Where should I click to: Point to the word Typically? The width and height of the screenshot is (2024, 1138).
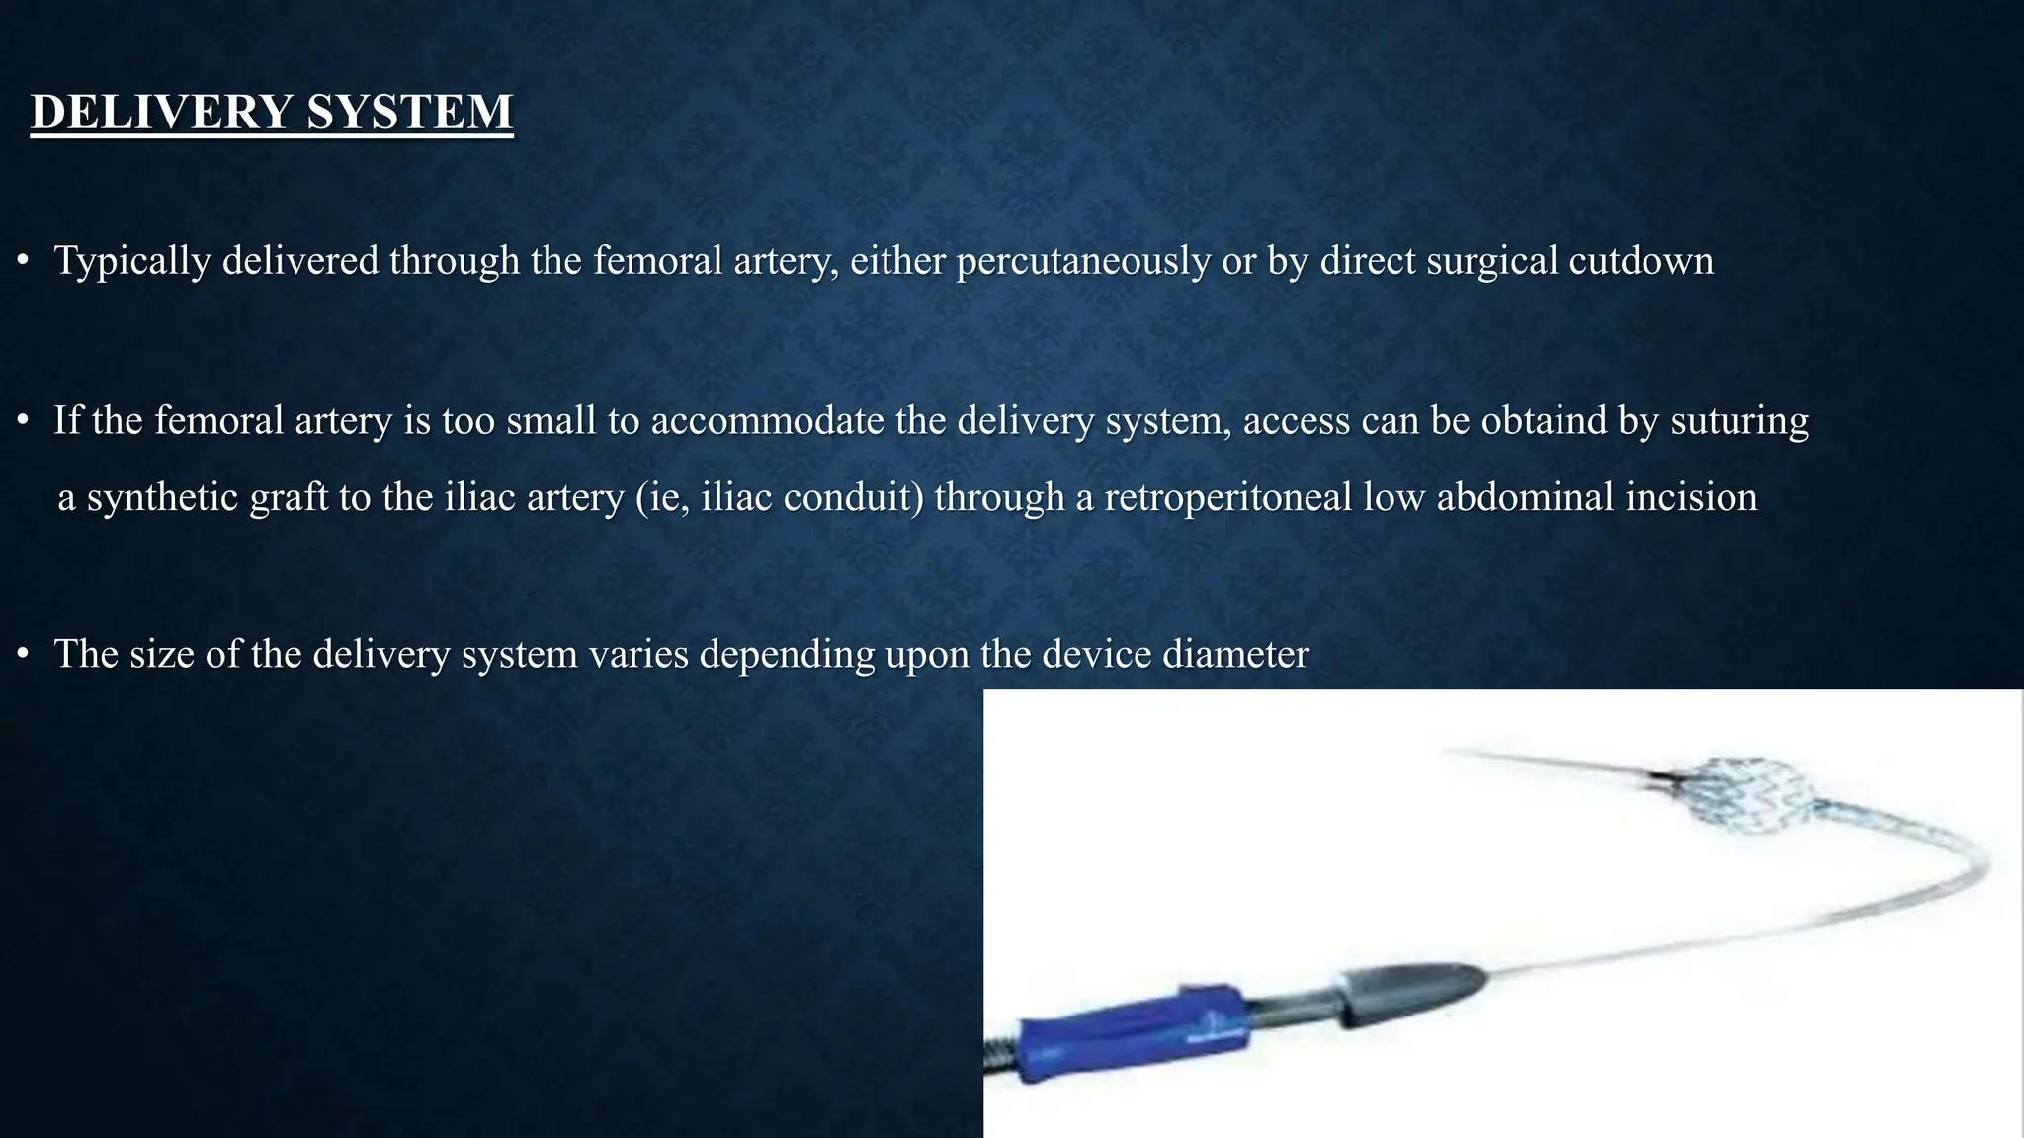pos(131,261)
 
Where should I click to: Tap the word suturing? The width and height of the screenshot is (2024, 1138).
pos(1739,421)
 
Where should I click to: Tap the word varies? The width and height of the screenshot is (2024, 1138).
pos(638,654)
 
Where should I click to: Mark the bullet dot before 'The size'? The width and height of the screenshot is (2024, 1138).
pos(22,654)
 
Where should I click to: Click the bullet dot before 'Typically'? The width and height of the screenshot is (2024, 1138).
pos(22,261)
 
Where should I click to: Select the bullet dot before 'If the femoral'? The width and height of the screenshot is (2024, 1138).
pos(22,421)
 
